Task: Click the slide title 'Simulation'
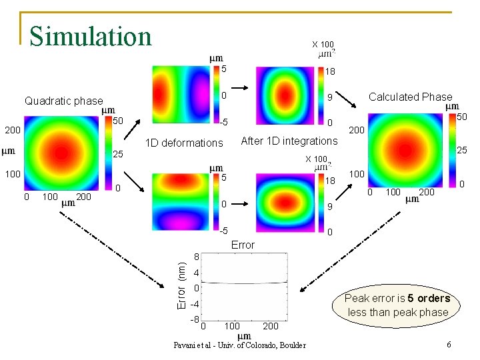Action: [x=91, y=35]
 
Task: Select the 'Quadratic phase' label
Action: [x=63, y=101]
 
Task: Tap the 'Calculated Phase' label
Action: [x=410, y=97]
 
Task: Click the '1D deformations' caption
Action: [x=184, y=143]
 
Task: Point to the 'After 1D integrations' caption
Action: [x=289, y=141]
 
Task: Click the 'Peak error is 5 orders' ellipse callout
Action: [x=398, y=305]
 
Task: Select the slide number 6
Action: [x=449, y=345]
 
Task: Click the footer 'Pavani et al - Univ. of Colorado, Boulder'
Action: [x=239, y=345]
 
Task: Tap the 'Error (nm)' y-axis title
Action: [x=181, y=284]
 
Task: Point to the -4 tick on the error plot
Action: [x=195, y=305]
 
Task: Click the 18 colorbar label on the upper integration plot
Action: [x=330, y=72]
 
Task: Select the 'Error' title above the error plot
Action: [x=243, y=245]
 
